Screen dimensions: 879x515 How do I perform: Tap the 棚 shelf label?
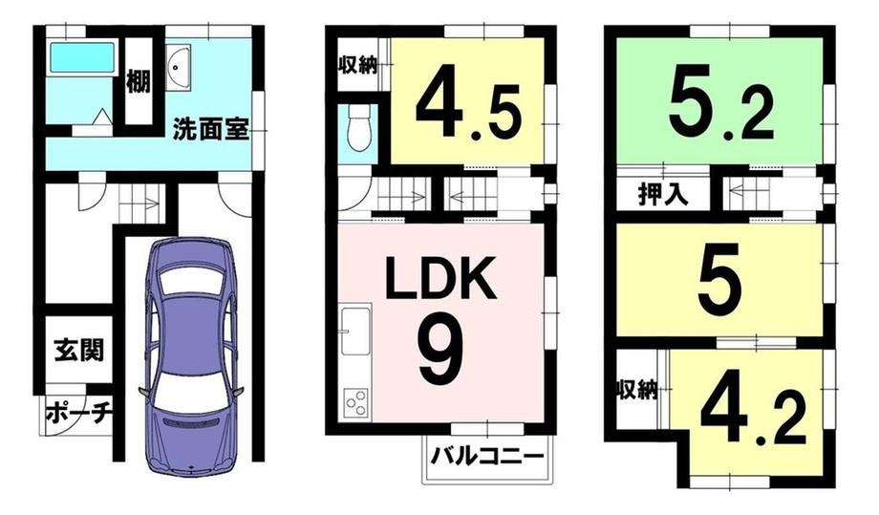click(138, 80)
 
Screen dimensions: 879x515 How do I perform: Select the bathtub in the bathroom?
click(82, 57)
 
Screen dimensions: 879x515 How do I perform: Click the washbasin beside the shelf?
click(179, 68)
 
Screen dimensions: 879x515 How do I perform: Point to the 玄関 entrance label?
click(79, 351)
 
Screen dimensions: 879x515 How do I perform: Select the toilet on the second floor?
click(357, 128)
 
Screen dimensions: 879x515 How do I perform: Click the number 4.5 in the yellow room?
click(469, 111)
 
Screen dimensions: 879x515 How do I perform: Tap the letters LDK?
click(441, 277)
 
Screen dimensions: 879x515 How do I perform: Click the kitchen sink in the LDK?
click(356, 331)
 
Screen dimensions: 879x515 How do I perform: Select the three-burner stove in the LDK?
click(356, 402)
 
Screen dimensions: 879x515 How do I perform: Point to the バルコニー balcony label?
click(487, 456)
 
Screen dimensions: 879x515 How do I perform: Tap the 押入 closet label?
click(663, 194)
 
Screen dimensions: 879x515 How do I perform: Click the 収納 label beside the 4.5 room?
click(357, 66)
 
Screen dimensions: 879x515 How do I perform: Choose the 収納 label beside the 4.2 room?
click(637, 390)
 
